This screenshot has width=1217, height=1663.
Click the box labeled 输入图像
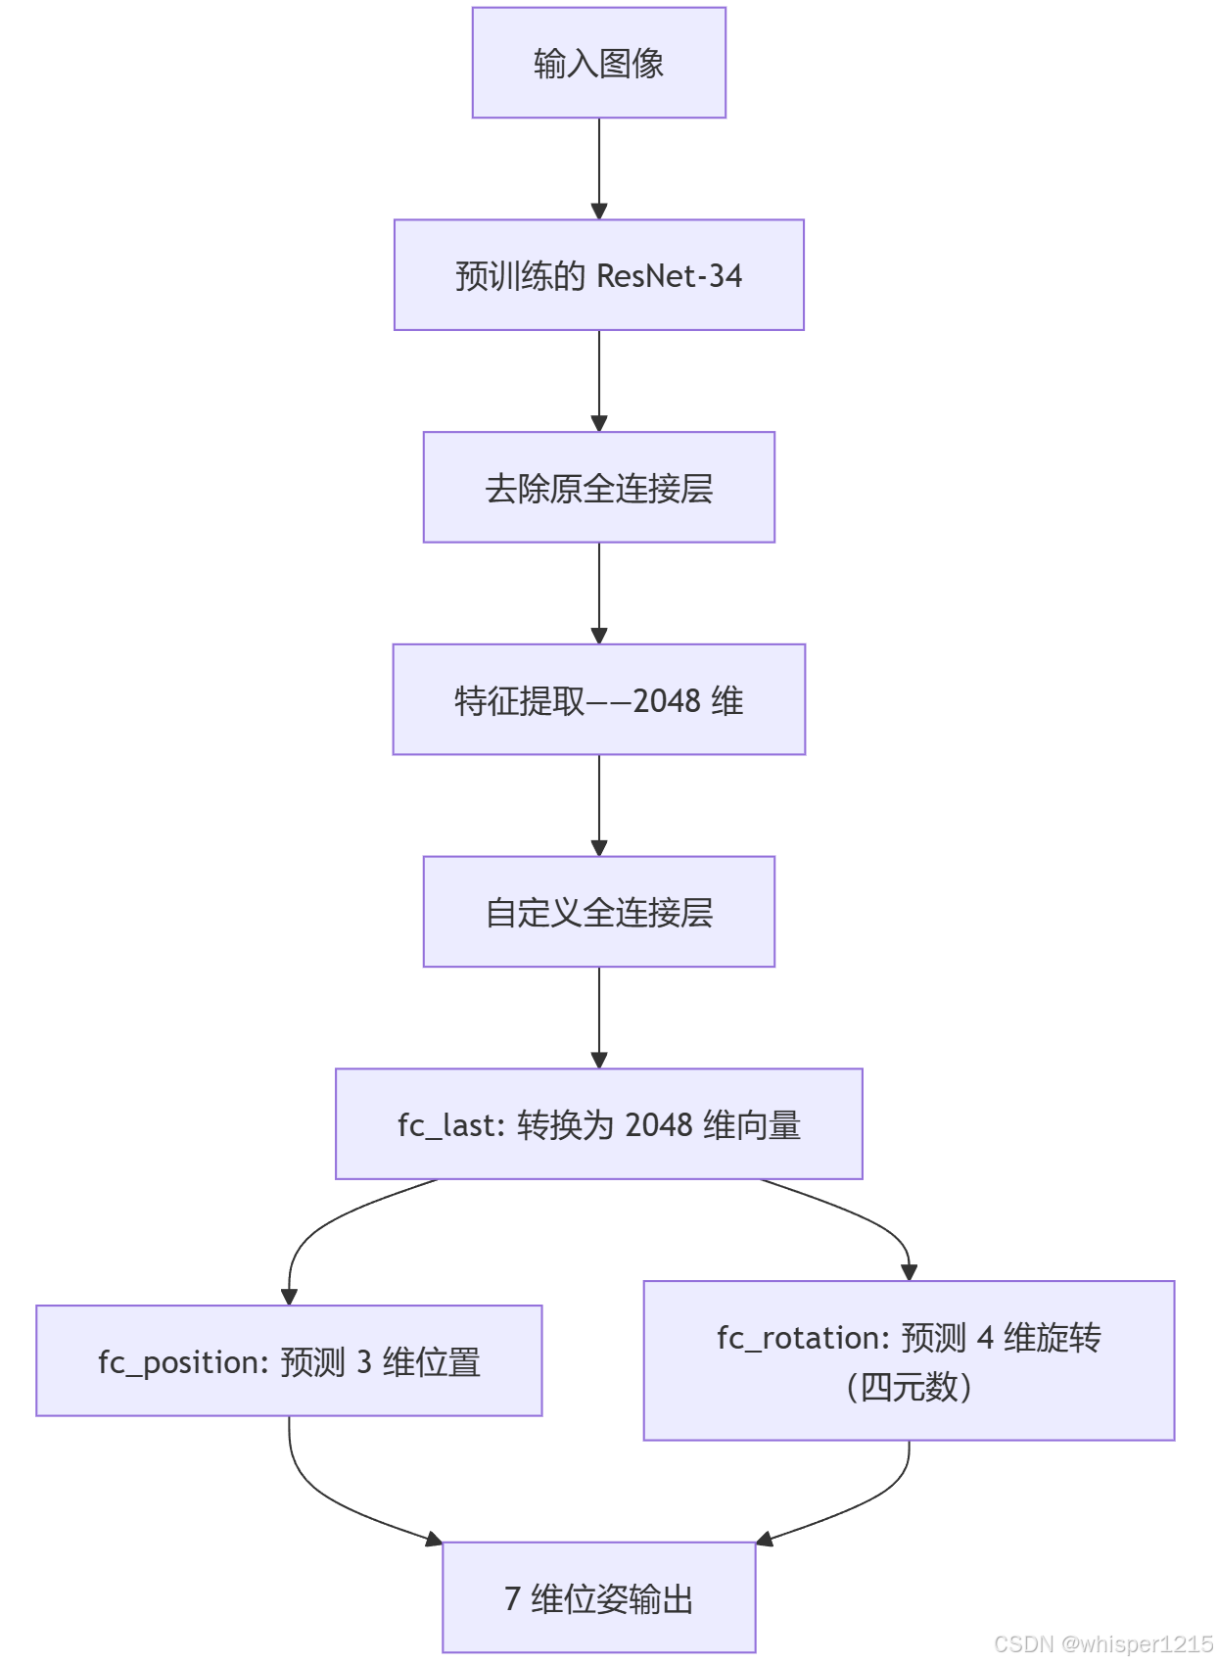click(x=598, y=64)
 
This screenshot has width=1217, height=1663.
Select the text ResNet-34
click(x=669, y=276)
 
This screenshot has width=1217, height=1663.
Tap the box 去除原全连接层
click(x=598, y=488)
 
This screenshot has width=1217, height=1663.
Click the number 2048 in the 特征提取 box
click(x=667, y=701)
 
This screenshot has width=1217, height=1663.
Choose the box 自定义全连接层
click(x=598, y=912)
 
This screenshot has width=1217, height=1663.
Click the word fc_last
click(x=448, y=1125)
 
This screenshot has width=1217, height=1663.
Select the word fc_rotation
click(x=801, y=1338)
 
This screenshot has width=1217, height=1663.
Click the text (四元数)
click(x=909, y=1387)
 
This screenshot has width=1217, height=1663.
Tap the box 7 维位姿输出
click(x=598, y=1598)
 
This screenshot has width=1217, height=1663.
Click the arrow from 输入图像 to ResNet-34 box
click(x=599, y=166)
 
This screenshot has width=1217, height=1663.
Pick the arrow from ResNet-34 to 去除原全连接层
click(x=599, y=379)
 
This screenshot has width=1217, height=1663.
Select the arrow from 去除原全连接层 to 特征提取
click(x=599, y=592)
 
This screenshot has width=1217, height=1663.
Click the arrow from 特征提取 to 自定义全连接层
click(x=599, y=803)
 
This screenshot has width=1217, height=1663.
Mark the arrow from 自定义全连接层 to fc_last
click(x=599, y=1016)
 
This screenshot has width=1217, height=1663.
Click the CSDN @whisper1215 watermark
click(x=1102, y=1644)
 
